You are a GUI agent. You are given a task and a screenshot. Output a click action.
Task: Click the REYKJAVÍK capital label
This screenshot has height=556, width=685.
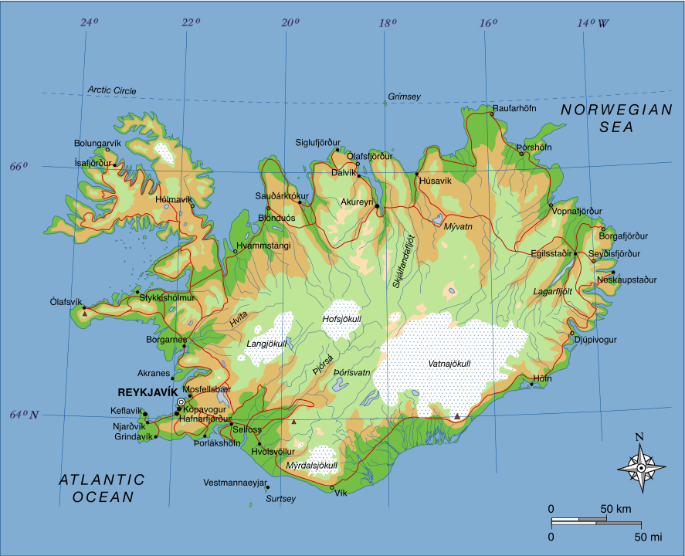pyautogui.click(x=148, y=392)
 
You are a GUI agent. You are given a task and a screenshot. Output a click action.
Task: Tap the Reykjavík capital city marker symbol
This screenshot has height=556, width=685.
pyautogui.click(x=181, y=402)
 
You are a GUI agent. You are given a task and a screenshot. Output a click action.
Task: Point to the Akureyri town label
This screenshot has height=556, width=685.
pyautogui.click(x=357, y=202)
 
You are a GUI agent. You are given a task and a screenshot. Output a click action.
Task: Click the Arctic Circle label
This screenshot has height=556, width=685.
pyautogui.click(x=111, y=90)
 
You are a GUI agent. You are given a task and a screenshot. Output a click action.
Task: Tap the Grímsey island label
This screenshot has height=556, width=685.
pyautogui.click(x=404, y=96)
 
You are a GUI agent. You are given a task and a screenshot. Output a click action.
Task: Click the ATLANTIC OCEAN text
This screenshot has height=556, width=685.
pyautogui.click(x=102, y=489)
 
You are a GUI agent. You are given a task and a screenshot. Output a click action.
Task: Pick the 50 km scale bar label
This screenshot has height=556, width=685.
pyautogui.click(x=615, y=509)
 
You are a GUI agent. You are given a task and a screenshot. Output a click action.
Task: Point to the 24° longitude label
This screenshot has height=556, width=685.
pyautogui.click(x=90, y=22)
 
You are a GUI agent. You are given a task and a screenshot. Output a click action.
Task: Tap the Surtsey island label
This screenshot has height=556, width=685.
pyautogui.click(x=280, y=499)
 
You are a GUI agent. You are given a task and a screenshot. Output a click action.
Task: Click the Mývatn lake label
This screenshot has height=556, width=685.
pyautogui.click(x=458, y=226)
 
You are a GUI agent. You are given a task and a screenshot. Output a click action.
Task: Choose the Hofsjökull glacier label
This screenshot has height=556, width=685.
pyautogui.click(x=341, y=318)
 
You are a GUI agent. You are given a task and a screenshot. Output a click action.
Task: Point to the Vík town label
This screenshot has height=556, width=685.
pyautogui.click(x=341, y=493)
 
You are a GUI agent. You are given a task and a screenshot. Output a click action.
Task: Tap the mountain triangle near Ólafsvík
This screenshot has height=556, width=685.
pyautogui.click(x=85, y=314)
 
